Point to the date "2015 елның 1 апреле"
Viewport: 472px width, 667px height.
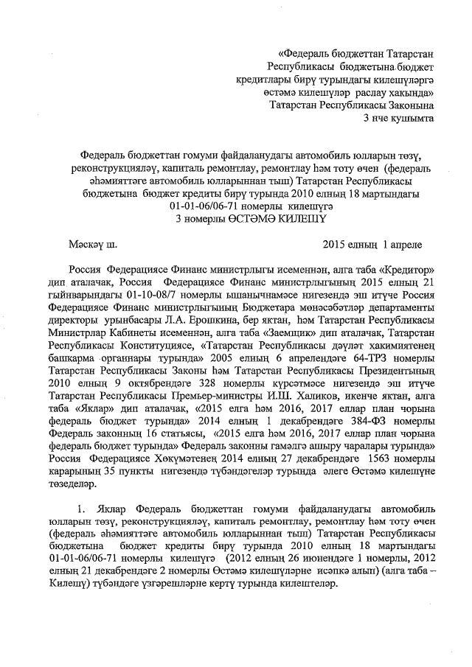click(x=373, y=242)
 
